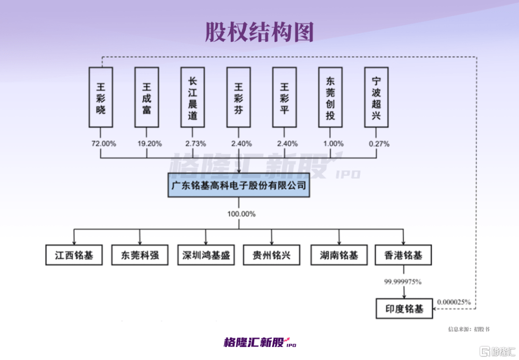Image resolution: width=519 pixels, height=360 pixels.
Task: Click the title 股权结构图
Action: click(x=259, y=32)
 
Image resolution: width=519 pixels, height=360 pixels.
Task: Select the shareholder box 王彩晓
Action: click(x=101, y=97)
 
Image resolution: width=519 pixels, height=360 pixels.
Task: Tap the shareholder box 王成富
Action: click(x=147, y=97)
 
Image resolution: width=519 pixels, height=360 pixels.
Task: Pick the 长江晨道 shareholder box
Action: click(x=193, y=97)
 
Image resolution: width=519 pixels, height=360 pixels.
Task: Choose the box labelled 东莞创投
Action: click(x=330, y=97)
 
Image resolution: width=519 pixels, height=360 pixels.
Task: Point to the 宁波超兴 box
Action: click(x=376, y=97)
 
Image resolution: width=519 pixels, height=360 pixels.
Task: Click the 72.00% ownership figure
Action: click(x=101, y=144)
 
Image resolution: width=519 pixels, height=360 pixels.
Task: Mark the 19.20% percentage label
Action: click(x=147, y=144)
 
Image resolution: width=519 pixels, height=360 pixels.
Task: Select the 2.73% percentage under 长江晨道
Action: click(x=193, y=144)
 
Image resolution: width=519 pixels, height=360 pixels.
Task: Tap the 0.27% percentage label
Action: click(x=376, y=144)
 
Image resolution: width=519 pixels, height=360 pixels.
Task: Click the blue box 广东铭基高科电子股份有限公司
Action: click(x=239, y=185)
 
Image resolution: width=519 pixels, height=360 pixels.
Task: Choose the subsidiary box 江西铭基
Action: click(x=74, y=255)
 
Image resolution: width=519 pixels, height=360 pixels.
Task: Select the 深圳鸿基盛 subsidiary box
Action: click(x=206, y=255)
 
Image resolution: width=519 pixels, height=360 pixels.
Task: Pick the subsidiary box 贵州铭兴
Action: click(x=272, y=255)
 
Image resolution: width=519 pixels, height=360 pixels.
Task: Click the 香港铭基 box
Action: click(x=404, y=255)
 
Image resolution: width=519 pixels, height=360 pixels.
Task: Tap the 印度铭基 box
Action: click(x=404, y=309)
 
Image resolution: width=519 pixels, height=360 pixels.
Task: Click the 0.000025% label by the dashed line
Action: click(x=454, y=302)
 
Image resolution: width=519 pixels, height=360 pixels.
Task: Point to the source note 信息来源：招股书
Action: click(x=468, y=330)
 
